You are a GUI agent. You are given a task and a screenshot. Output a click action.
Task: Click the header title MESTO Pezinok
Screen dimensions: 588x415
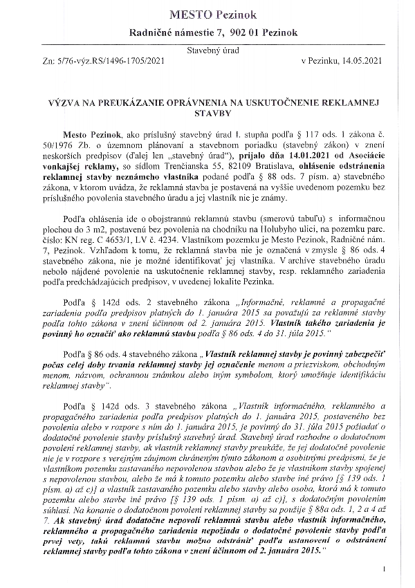(207, 15)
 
